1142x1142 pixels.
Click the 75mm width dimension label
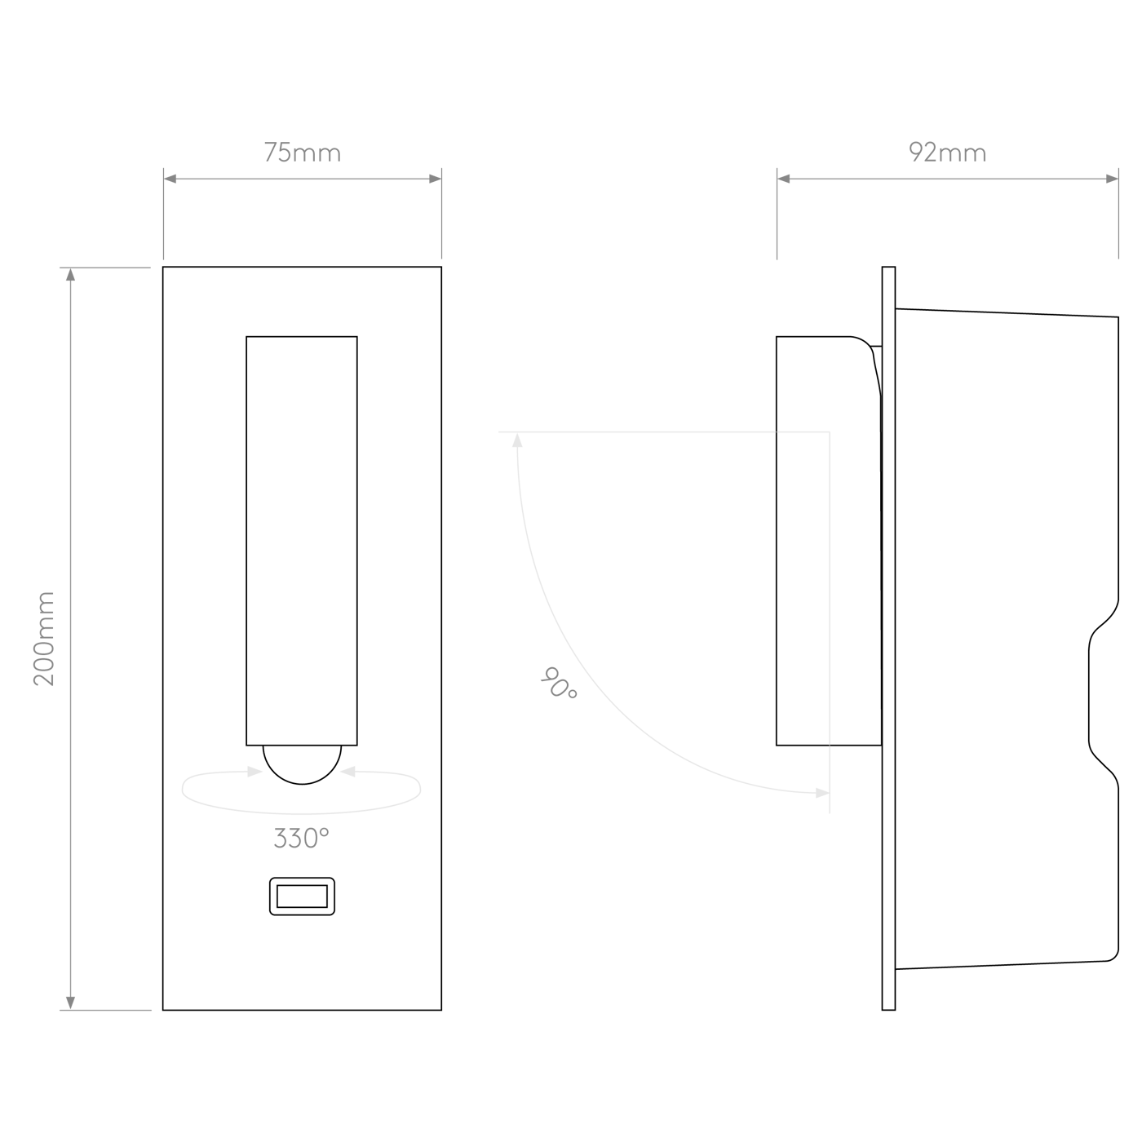[303, 153]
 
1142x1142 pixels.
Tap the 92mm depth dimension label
[947, 153]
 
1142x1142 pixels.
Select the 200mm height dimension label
[44, 639]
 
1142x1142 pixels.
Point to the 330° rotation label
[301, 838]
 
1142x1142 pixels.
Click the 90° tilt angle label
[558, 684]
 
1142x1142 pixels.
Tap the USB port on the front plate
[302, 896]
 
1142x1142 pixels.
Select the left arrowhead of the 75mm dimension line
[170, 179]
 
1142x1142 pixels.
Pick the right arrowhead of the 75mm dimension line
[435, 179]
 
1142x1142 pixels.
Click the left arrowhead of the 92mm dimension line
[783, 179]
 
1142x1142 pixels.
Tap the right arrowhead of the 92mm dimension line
[1113, 179]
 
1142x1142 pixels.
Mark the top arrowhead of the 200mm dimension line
[70, 274]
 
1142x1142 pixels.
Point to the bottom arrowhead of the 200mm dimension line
[70, 1003]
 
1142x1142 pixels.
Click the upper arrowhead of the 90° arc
[517, 440]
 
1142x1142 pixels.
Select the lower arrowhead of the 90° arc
[822, 793]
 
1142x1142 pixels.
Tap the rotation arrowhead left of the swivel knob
[255, 772]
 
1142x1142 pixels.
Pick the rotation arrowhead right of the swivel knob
[348, 772]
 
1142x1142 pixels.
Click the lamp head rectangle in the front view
[302, 541]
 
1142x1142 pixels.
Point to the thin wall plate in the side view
[888, 638]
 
